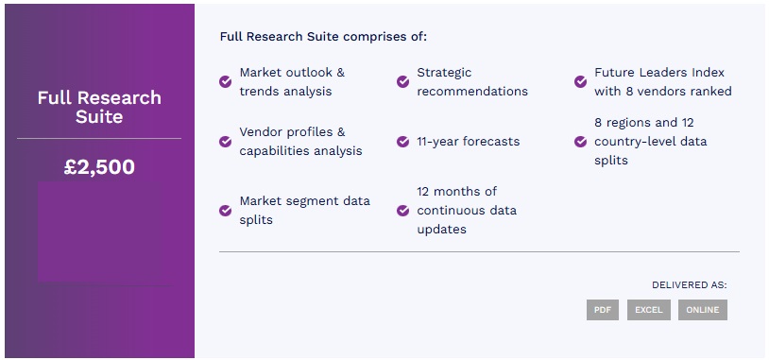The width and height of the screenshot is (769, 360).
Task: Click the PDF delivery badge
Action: [x=602, y=310]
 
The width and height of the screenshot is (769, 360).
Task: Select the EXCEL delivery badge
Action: [x=648, y=310]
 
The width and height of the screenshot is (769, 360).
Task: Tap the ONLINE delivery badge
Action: [x=702, y=310]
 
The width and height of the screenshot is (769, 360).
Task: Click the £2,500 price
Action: [x=99, y=167]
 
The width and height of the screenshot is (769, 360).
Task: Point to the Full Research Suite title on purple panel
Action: [x=99, y=107]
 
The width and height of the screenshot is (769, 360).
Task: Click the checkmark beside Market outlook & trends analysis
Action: [x=225, y=81]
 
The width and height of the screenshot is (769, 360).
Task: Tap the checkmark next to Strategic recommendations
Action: [x=402, y=81]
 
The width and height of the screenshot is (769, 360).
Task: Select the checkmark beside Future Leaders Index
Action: [x=580, y=81]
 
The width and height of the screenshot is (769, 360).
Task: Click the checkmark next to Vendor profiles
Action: [x=225, y=141]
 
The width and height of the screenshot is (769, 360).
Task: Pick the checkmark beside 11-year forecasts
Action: [x=402, y=141]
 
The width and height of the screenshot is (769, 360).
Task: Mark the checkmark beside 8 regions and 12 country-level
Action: [x=580, y=141]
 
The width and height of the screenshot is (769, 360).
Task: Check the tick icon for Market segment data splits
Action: [x=225, y=211]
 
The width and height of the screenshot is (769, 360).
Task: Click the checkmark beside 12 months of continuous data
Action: [x=402, y=211]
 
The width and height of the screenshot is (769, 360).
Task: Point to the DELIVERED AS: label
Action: [x=689, y=285]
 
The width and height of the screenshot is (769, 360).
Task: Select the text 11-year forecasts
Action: [x=468, y=142]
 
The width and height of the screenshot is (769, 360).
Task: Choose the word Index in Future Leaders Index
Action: [x=709, y=73]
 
